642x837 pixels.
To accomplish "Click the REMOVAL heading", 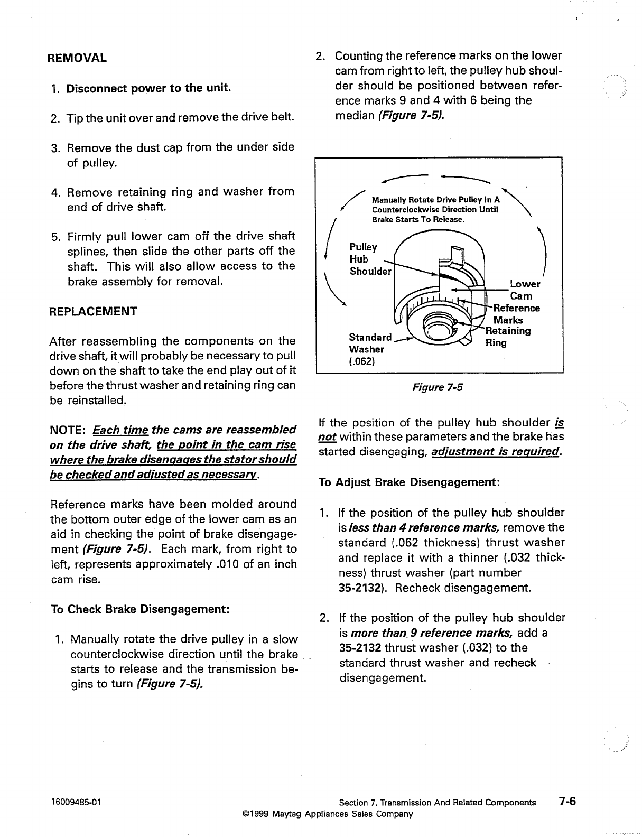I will (x=77, y=58).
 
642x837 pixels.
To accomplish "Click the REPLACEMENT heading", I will (x=93, y=311).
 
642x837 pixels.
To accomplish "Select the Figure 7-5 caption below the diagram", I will (x=437, y=388).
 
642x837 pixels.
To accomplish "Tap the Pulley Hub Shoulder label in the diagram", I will (x=370, y=259).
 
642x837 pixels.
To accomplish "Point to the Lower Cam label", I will (x=524, y=290).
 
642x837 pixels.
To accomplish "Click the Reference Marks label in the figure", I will (x=515, y=314).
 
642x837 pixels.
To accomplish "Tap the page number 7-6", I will (x=567, y=801).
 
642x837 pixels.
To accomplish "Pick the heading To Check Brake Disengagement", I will (x=139, y=609).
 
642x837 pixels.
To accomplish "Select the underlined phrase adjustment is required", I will (x=496, y=452).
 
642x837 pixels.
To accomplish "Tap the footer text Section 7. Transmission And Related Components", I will (x=437, y=803).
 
